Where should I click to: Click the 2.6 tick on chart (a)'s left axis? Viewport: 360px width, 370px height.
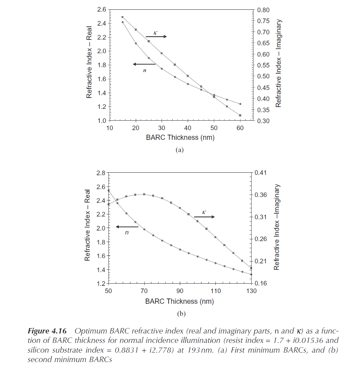coord(101,10)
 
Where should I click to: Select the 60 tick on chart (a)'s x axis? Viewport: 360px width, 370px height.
coord(240,128)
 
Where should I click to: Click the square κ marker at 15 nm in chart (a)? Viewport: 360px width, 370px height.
coord(122,17)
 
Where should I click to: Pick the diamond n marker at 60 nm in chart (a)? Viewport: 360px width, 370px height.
coord(240,104)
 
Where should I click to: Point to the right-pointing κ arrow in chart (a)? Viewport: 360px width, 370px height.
coord(156,36)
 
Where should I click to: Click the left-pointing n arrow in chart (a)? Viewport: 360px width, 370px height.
coord(144,64)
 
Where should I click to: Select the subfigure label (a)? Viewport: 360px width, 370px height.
coord(179,150)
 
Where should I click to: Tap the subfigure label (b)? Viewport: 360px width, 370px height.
coord(181,314)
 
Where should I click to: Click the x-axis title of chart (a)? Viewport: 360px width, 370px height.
coord(182,137)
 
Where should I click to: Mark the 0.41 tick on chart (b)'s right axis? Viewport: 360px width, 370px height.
coord(260,173)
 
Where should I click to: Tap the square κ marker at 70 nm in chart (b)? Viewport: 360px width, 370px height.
coord(144,194)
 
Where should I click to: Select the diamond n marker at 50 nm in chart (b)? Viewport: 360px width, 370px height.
coord(109,190)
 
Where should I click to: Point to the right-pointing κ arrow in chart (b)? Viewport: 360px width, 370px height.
coord(204,217)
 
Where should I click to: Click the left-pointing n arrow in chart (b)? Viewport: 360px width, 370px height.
coord(127,227)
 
